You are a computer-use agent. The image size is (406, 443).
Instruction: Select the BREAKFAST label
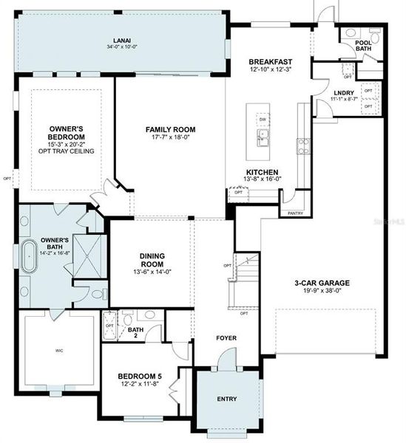[271, 61]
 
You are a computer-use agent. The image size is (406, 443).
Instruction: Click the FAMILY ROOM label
[169, 128]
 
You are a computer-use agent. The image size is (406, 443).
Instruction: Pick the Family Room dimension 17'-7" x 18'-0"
[169, 137]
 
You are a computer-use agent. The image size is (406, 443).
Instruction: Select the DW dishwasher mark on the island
[263, 119]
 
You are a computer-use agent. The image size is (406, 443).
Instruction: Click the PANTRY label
[294, 213]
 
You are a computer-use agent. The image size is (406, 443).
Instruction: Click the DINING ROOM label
[152, 261]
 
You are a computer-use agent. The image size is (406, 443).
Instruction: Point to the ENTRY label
[227, 399]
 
